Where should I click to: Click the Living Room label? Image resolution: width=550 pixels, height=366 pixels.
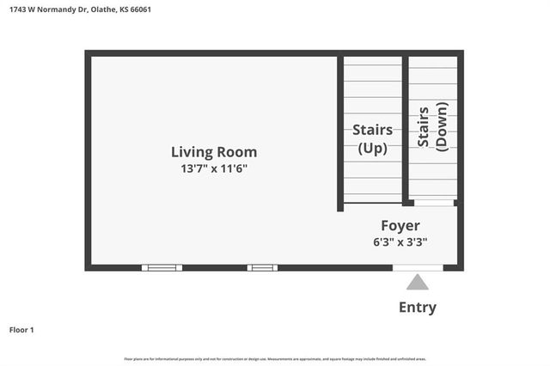pos(213,152)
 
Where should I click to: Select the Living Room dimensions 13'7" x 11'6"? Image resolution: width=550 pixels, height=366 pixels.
pos(213,168)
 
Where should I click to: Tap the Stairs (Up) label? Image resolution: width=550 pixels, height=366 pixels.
pos(372,138)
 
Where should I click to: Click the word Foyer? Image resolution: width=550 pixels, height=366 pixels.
pos(400,225)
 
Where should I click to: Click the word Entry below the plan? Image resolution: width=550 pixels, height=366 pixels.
pos(417,307)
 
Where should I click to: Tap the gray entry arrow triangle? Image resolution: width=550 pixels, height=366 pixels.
pos(417,282)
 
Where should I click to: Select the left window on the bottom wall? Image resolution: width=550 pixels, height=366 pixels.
pos(162,267)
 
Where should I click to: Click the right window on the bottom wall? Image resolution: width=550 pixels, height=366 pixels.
pos(262,267)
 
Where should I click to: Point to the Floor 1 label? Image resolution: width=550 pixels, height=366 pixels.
pos(21,329)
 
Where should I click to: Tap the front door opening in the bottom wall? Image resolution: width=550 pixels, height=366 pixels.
pos(418,267)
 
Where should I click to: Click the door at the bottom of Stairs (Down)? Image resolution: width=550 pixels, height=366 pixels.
pos(434,203)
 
